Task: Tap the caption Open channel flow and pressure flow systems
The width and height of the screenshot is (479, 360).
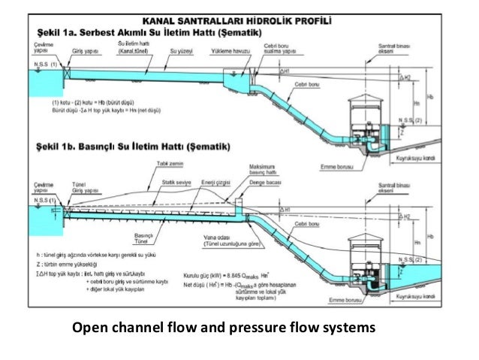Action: coord(224,328)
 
